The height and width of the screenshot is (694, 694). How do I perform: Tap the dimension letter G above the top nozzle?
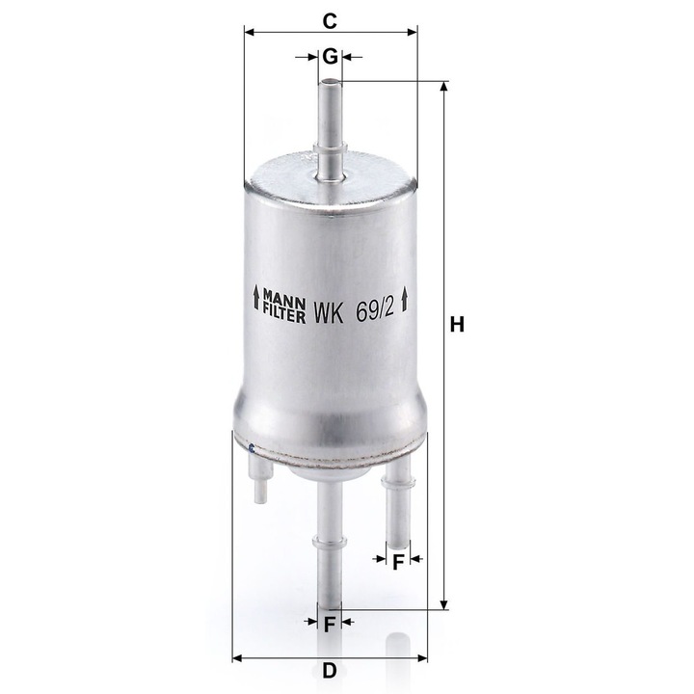pyautogui.click(x=331, y=57)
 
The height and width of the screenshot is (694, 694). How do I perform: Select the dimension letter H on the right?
pyautogui.click(x=457, y=325)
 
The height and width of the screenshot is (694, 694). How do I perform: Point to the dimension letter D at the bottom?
pyautogui.click(x=330, y=671)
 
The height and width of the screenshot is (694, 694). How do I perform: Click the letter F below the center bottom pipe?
pyautogui.click(x=330, y=625)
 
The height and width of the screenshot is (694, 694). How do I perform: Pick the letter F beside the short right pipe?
pyautogui.click(x=398, y=562)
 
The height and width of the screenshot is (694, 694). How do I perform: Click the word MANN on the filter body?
pyautogui.click(x=284, y=293)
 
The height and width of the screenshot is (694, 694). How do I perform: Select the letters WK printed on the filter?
pyautogui.click(x=329, y=313)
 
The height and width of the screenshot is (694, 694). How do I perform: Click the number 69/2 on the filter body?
pyautogui.click(x=375, y=311)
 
